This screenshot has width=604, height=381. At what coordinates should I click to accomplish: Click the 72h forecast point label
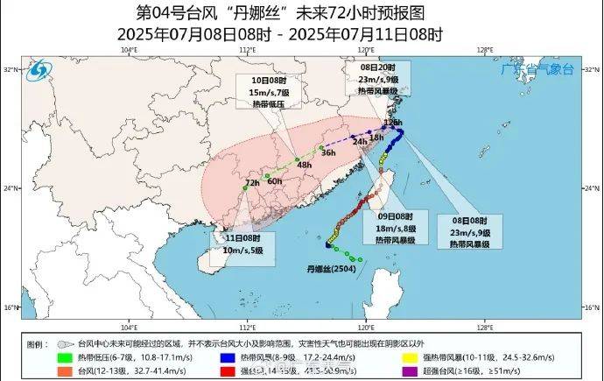point(252,183)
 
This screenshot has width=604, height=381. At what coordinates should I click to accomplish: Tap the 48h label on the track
point(305,165)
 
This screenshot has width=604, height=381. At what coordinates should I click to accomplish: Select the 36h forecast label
point(328,152)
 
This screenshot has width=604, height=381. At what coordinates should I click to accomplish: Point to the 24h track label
point(359,141)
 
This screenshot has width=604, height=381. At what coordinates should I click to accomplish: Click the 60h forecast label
point(275,180)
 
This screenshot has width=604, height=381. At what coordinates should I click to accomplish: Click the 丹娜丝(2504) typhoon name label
point(329,269)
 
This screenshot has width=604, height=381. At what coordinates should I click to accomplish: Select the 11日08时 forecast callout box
point(240,244)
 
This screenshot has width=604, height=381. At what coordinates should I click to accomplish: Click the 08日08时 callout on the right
point(467,229)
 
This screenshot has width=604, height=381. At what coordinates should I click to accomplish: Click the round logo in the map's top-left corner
point(39,69)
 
